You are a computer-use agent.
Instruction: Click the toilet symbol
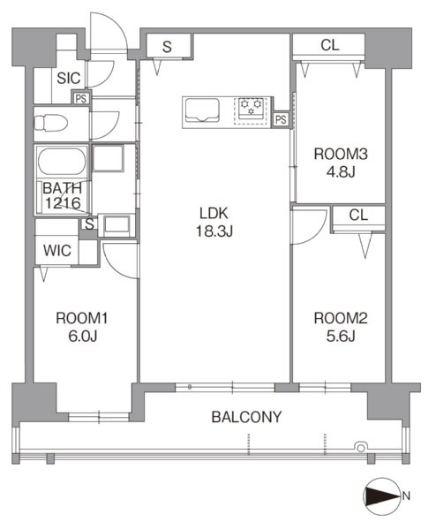51,123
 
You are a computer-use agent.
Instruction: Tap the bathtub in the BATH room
62,162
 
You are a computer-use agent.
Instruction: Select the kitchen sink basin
202,110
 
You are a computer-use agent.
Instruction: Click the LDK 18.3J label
214,223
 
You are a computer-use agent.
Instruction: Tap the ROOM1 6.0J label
82,327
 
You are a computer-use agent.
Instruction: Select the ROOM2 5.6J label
340,327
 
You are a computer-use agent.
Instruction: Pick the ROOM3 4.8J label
341,163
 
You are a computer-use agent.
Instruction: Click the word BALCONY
246,417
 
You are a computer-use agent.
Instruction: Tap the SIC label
69,79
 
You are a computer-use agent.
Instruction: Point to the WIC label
57,251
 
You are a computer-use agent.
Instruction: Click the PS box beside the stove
281,119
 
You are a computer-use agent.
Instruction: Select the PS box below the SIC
81,99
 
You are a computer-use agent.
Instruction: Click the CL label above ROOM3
329,45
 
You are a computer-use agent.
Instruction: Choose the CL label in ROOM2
358,215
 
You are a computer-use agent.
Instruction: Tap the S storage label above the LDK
167,47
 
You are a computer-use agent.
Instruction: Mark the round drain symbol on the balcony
361,448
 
